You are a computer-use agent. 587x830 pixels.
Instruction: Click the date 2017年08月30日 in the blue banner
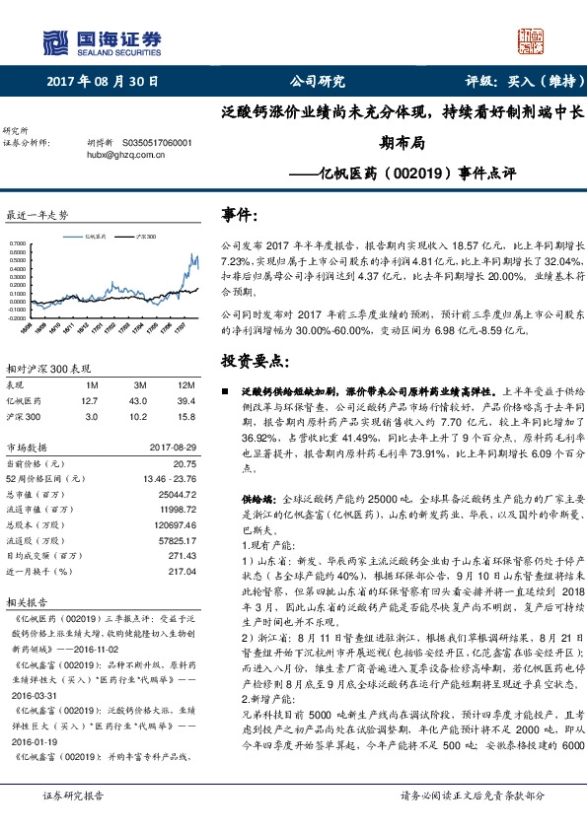pyautogui.click(x=96, y=81)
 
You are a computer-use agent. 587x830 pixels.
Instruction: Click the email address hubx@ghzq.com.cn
pyautogui.click(x=123, y=155)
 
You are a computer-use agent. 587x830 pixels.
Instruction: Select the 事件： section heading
pyautogui.click(x=242, y=215)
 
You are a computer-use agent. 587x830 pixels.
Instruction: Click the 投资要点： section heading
pyautogui.click(x=256, y=361)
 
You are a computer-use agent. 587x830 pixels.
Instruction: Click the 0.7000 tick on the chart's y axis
pyautogui.click(x=18, y=242)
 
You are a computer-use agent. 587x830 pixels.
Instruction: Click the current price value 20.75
pyautogui.click(x=185, y=463)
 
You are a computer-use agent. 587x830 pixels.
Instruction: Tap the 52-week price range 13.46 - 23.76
pyautogui.click(x=172, y=478)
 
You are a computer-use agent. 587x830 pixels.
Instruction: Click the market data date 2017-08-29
pyautogui.click(x=175, y=448)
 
